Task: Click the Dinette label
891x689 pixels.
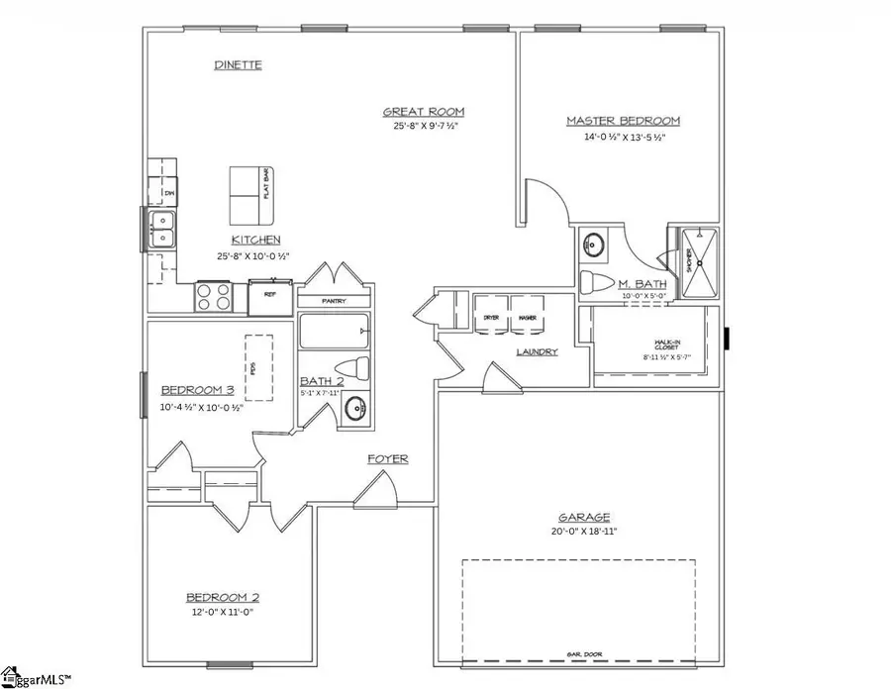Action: pyautogui.click(x=238, y=65)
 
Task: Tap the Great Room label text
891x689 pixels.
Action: pyautogui.click(x=425, y=112)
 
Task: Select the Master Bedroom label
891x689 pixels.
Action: pyautogui.click(x=623, y=121)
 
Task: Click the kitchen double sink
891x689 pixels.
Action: pyautogui.click(x=159, y=229)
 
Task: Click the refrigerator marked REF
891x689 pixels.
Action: pyautogui.click(x=268, y=294)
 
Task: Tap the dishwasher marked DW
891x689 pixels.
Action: pyautogui.click(x=163, y=191)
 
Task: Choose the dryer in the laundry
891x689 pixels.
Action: pyautogui.click(x=491, y=316)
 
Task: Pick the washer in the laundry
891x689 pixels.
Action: pyautogui.click(x=527, y=316)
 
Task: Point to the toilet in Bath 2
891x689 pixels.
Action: pyautogui.click(x=357, y=369)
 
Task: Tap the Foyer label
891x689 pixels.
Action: pyautogui.click(x=388, y=459)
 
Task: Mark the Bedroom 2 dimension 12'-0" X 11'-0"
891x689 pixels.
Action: pyautogui.click(x=223, y=613)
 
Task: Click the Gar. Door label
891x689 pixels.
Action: pyautogui.click(x=579, y=654)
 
